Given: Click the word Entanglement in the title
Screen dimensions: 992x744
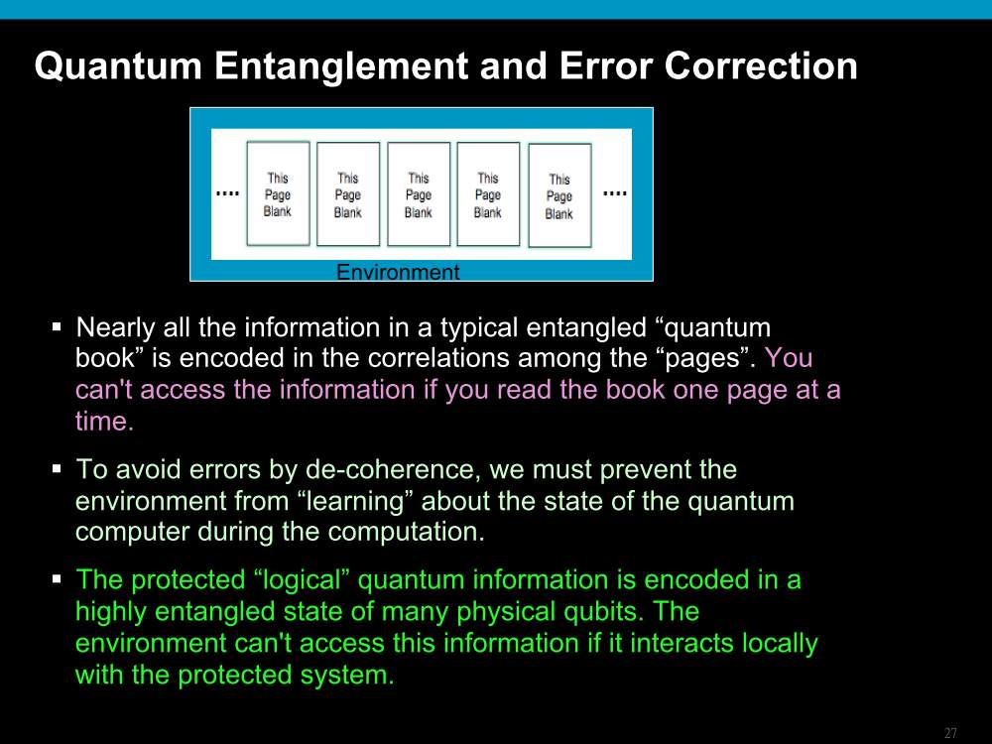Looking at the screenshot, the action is (342, 66).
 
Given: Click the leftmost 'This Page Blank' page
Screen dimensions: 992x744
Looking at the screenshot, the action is (278, 193).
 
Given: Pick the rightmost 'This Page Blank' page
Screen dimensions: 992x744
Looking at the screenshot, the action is (559, 195).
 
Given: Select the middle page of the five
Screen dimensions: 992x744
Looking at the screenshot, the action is (419, 194).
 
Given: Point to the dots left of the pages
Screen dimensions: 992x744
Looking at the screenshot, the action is (228, 193).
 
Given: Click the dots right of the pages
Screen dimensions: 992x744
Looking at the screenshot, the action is (614, 193).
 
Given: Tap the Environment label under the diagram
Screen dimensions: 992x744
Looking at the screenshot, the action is (398, 272).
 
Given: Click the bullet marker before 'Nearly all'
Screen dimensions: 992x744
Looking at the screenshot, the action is (57, 327).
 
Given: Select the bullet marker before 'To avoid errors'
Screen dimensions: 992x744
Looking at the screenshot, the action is (57, 469).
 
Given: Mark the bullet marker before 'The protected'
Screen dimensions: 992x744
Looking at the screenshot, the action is (57, 579).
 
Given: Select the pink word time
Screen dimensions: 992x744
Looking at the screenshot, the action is (104, 422).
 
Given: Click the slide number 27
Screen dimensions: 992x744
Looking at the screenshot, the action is (950, 733).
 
